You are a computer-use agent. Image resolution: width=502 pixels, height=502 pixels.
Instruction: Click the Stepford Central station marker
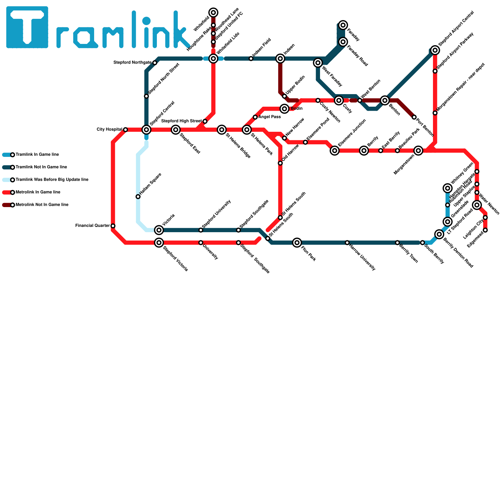coord(147,130)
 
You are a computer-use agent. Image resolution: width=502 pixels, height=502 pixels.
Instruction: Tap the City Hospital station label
coord(109,130)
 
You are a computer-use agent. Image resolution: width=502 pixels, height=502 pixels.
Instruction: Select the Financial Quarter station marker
coord(113,226)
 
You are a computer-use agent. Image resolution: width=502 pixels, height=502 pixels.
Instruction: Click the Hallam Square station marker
coord(138,197)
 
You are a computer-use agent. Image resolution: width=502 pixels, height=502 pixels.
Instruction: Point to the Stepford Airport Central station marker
coord(435,50)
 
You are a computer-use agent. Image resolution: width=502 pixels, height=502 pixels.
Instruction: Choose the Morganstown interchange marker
coord(418,151)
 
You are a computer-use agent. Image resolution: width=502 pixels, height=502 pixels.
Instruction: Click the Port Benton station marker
coord(414,117)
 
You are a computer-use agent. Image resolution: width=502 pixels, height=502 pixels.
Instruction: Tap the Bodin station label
coord(296,109)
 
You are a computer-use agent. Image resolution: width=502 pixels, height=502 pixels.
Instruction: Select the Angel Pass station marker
coord(255,117)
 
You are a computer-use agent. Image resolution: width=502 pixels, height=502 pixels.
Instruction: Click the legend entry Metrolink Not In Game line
coord(42,205)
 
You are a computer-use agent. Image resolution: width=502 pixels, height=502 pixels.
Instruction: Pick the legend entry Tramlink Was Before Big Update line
coord(52,180)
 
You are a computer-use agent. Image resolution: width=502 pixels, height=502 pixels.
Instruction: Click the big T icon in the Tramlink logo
coord(27,27)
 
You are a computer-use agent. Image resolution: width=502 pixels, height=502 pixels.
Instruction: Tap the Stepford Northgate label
coord(132,63)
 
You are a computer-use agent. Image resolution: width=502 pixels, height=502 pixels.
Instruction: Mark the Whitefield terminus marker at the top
coord(213,13)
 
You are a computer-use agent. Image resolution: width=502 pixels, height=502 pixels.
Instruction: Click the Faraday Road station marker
coord(343,42)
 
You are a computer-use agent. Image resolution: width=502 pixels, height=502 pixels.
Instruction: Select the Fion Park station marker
coord(297,243)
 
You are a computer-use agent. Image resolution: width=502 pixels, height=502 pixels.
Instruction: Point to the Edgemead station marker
coord(485,230)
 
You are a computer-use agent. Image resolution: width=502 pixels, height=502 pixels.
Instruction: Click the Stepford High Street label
coord(181,121)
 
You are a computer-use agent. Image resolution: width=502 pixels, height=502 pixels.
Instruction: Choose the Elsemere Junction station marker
coord(335,151)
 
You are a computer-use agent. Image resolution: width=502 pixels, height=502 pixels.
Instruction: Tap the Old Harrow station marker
coord(280,163)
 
